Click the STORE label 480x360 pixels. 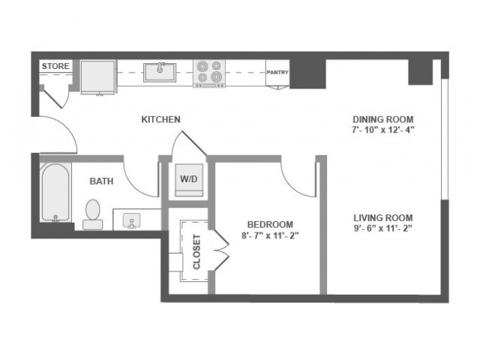tap(55, 67)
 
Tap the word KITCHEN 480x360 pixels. tap(161, 119)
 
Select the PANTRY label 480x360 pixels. tap(277, 73)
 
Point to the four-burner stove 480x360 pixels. tap(209, 73)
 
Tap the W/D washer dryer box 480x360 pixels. tap(187, 180)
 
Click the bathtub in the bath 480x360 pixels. tap(55, 193)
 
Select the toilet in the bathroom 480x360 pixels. tap(94, 213)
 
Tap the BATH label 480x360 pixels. tap(101, 181)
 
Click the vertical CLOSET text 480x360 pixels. tap(197, 252)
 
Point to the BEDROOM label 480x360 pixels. tap(271, 224)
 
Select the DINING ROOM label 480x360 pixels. tap(383, 119)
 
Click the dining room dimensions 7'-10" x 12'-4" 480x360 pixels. tap(383, 129)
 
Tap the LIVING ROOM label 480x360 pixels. tap(383, 218)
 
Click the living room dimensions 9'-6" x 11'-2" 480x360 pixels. tap(383, 229)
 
